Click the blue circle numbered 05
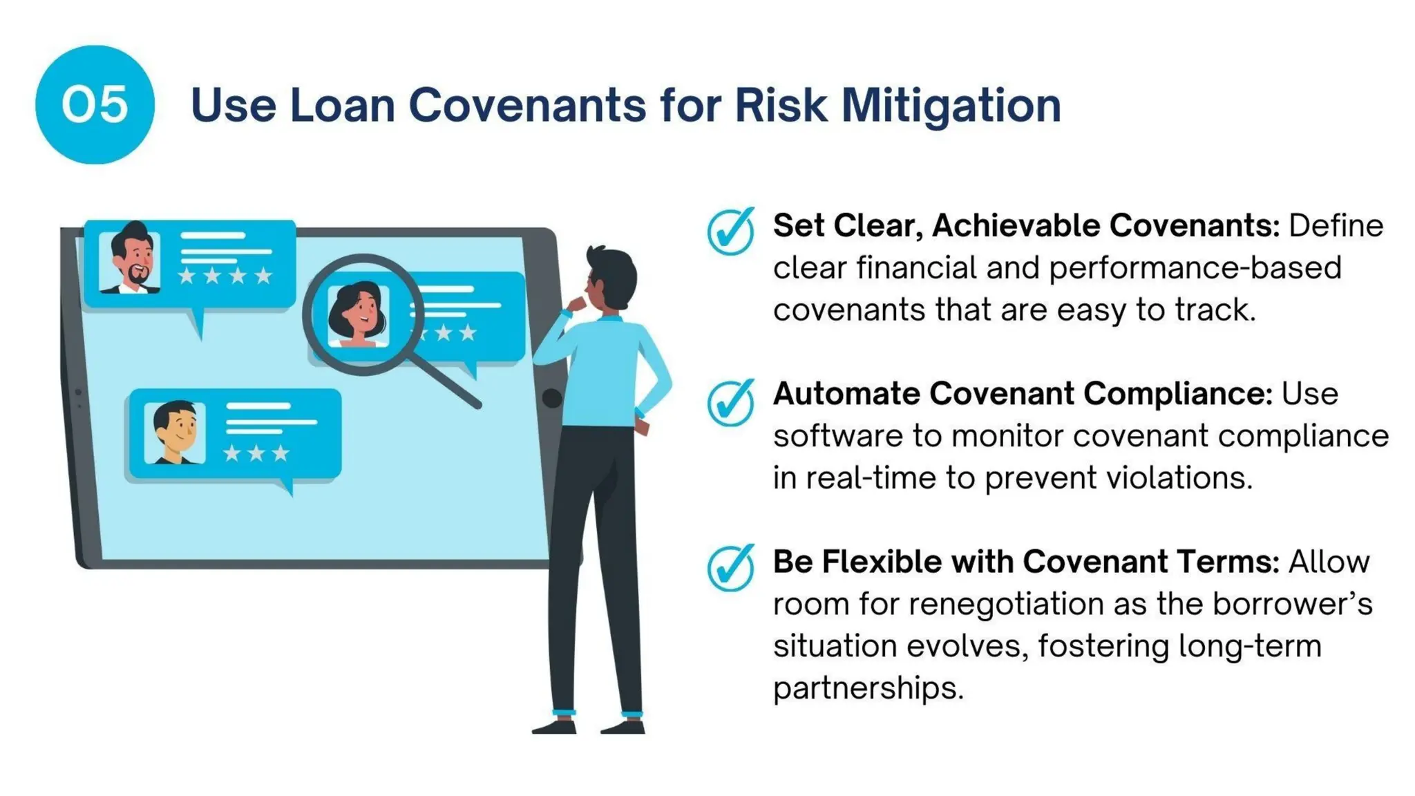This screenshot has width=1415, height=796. [95, 105]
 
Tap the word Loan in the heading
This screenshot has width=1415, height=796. [343, 106]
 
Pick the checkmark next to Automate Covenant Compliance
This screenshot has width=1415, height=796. [730, 401]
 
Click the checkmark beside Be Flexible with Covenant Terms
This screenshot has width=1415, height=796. [730, 568]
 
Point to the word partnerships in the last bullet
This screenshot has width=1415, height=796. [868, 688]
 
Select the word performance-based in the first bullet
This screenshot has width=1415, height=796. [1195, 268]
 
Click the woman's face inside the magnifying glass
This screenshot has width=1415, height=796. [358, 315]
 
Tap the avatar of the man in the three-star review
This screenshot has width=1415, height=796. [175, 433]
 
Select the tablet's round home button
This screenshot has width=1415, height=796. [551, 398]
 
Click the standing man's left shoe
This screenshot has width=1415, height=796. [554, 726]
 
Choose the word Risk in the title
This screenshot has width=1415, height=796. [781, 106]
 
